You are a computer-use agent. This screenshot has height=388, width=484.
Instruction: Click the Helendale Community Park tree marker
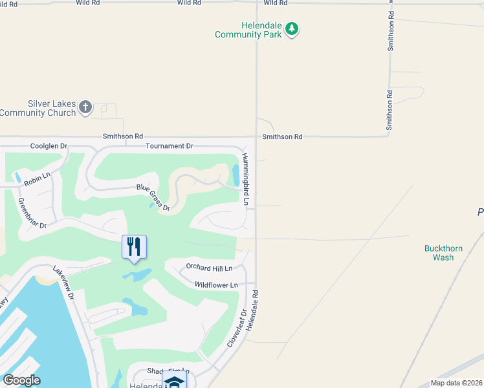[292, 28]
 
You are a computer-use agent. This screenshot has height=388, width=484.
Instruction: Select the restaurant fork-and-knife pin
[134, 247]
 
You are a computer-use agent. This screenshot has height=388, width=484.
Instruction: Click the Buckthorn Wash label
[439, 253]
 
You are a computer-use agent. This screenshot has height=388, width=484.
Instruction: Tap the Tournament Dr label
[170, 146]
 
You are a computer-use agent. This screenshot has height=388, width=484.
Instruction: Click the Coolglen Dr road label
[49, 146]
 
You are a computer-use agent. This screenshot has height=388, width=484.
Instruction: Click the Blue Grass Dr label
[153, 198]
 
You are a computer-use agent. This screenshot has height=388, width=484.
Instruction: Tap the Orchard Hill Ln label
[208, 266]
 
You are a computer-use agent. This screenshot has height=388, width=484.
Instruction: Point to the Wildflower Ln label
[216, 285]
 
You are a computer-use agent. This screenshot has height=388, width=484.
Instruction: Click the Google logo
[21, 380]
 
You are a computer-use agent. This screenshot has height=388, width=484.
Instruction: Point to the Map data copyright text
[457, 383]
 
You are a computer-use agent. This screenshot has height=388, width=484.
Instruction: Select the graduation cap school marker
[173, 382]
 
